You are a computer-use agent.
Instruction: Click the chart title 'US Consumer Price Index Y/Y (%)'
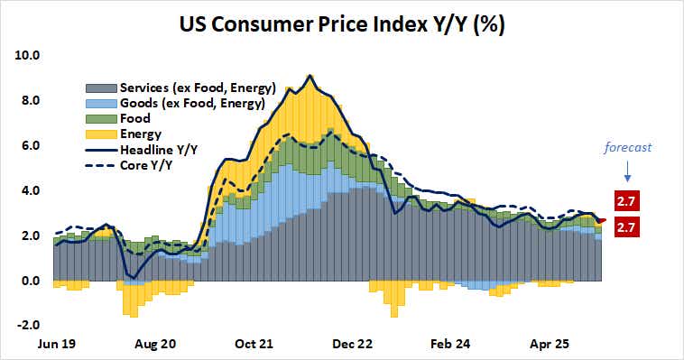tap(343, 24)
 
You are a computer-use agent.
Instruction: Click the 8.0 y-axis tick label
tap(31, 100)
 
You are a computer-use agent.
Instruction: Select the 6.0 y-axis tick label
tap(31, 145)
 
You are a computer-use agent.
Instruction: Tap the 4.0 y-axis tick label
tap(31, 190)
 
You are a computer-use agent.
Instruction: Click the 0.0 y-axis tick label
tap(31, 281)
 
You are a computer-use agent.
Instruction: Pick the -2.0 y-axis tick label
tap(29, 326)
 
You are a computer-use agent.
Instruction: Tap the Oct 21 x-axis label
tap(254, 344)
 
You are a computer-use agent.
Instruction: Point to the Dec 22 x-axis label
tap(352, 344)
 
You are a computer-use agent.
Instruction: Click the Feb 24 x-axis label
tap(450, 344)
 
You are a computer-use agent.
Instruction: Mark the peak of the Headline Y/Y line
tap(310, 76)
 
